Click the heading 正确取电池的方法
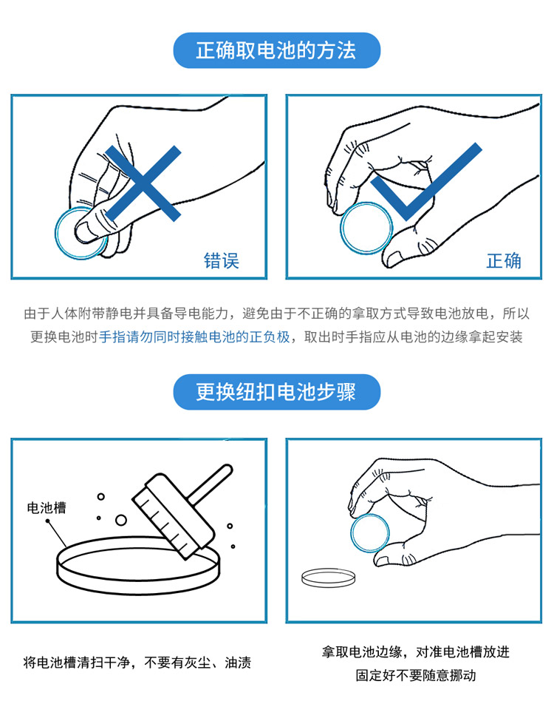coord(276,50)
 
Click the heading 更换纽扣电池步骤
coord(276,392)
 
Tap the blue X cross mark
coord(143,183)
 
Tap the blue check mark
coord(425,182)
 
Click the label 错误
coord(222,260)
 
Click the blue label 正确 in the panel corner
coord(504,260)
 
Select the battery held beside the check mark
coord(366,228)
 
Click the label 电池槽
coord(47,508)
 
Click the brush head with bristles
coord(173,516)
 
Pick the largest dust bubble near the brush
coord(120,521)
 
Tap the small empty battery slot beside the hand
coord(329,578)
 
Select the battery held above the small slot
coord(369,533)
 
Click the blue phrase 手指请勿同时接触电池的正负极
coord(195,336)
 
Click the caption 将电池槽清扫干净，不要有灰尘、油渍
coord(137,663)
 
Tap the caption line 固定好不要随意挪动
coord(415,675)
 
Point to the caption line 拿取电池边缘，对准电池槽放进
coord(415,651)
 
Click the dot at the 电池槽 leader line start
coord(47,521)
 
